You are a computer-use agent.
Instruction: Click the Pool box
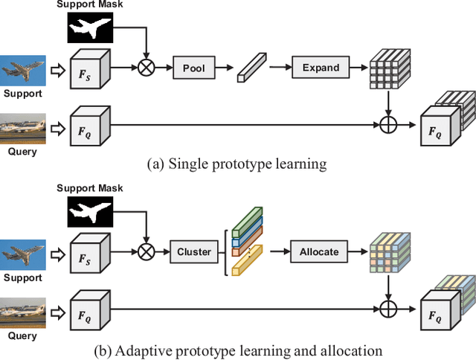(193, 68)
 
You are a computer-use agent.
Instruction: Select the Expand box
(320, 68)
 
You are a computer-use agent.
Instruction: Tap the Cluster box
(193, 251)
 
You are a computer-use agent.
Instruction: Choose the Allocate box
(319, 251)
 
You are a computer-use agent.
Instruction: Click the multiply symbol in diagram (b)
(147, 251)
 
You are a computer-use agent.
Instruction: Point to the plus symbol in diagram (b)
(387, 306)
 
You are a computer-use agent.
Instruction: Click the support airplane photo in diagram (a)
(23, 71)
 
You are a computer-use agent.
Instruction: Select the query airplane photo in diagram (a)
(23, 126)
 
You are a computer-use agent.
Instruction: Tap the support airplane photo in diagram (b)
(23, 254)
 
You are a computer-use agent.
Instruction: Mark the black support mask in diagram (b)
(89, 213)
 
